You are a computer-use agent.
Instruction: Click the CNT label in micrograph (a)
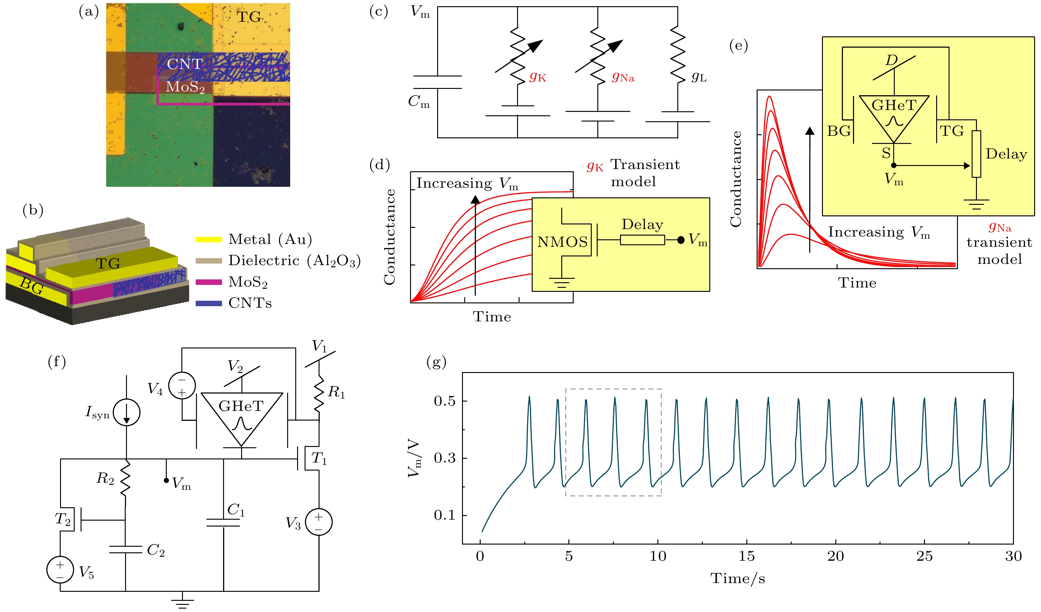point(185,64)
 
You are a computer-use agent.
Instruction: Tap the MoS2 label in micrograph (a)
point(185,87)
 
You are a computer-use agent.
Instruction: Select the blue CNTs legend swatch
point(209,303)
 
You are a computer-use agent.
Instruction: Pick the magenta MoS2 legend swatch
point(209,282)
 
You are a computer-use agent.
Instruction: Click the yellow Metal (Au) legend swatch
point(209,239)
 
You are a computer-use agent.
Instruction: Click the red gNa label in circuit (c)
point(623,77)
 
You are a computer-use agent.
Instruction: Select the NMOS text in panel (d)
point(562,242)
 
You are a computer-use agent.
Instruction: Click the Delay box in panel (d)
point(642,240)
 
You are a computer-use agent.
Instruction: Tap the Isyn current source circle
point(127,412)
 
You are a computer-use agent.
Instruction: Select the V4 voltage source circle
point(182,385)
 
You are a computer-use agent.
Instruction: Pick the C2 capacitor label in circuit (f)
point(156,550)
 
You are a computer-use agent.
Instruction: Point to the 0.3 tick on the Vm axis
point(445,458)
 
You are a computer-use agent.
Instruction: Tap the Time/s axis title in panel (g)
point(738,578)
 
